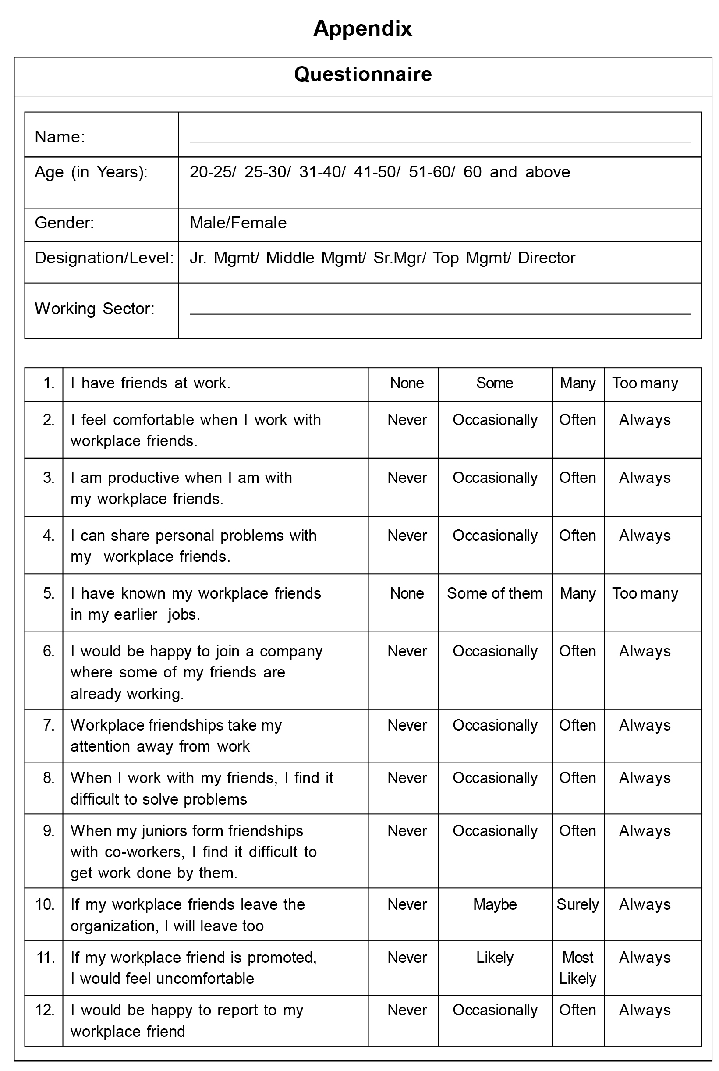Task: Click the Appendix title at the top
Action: [x=362, y=29]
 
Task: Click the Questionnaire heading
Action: [x=363, y=74]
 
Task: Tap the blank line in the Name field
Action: [x=439, y=141]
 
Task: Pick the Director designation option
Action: [x=546, y=258]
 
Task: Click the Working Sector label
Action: [x=95, y=309]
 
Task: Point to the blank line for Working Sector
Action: [x=439, y=313]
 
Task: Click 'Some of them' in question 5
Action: [x=494, y=593]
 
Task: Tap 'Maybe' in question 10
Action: [x=494, y=904]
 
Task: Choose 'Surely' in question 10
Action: [x=577, y=904]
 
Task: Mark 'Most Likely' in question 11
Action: [x=577, y=968]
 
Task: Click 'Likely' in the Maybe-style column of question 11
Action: [x=494, y=958]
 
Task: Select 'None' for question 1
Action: [x=407, y=383]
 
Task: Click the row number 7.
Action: [x=49, y=725]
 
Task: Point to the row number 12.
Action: [x=45, y=1010]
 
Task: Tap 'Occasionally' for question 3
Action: [x=494, y=478]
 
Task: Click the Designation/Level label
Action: [x=104, y=258]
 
